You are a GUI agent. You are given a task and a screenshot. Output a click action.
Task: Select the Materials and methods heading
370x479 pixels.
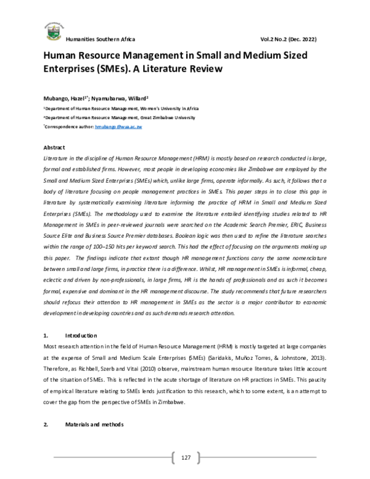click(94, 426)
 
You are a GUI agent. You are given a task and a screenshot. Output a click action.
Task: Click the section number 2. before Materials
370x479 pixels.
click(45, 426)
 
